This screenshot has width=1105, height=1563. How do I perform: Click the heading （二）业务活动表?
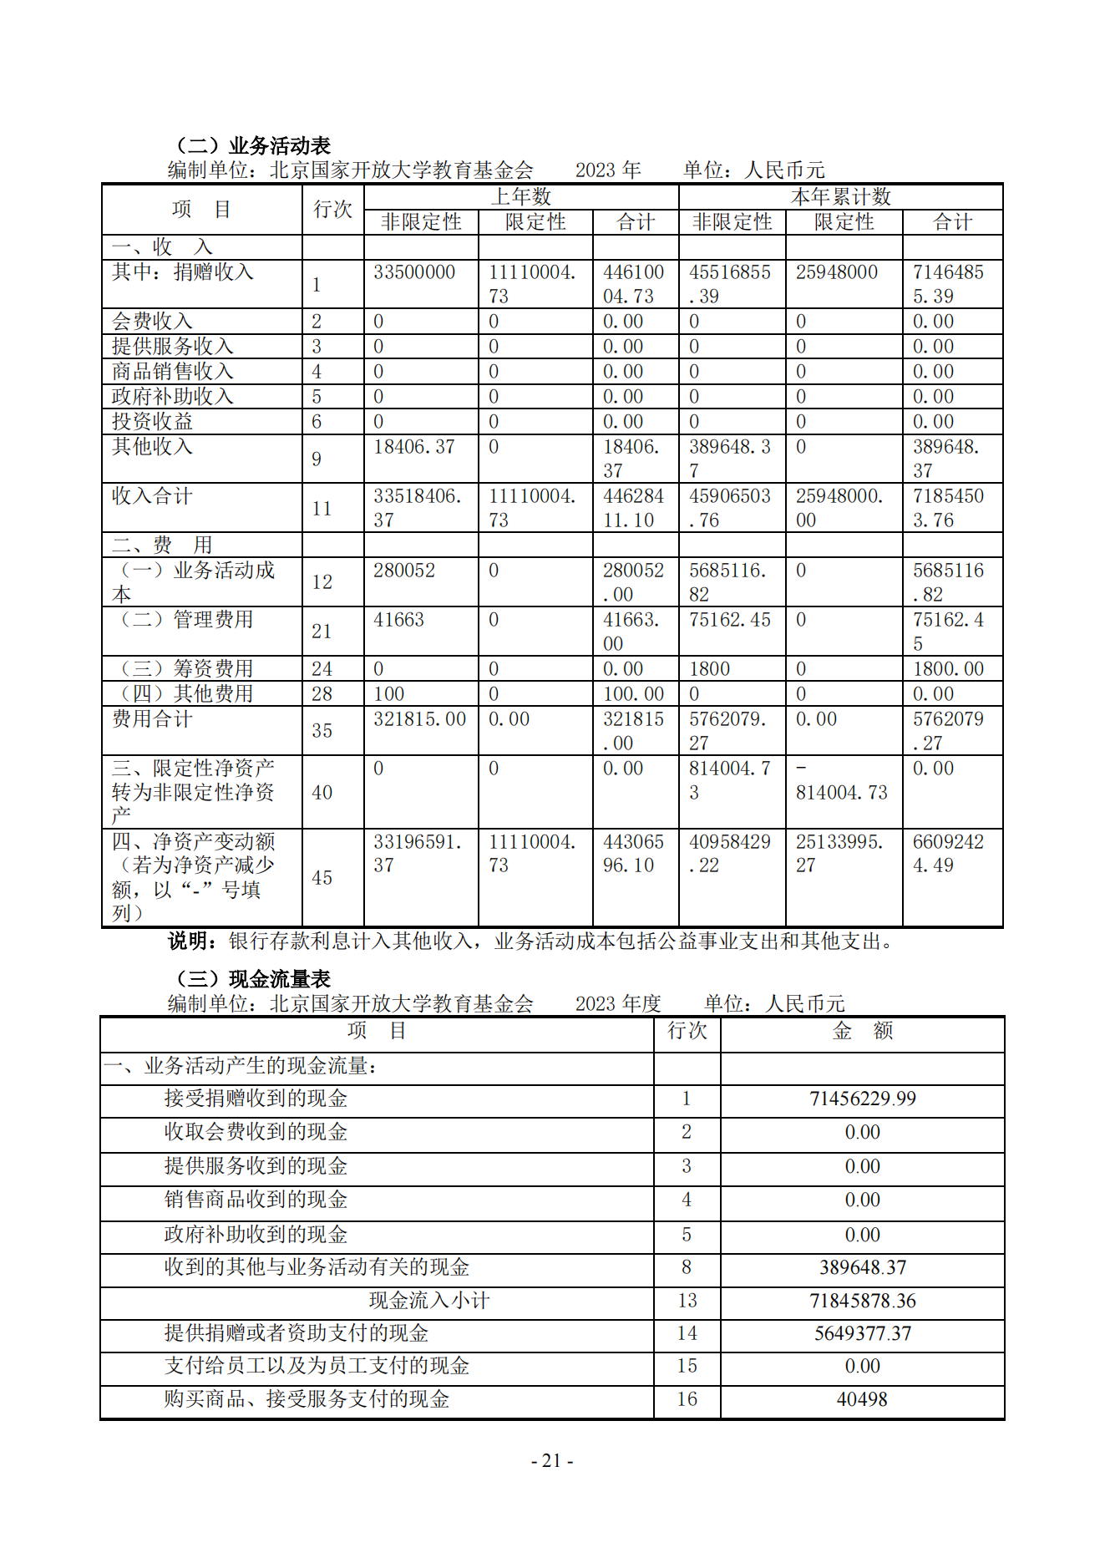pyautogui.click(x=253, y=146)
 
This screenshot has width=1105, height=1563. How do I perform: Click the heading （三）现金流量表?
pyautogui.click(x=253, y=978)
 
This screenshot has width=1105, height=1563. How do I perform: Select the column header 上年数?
pyautogui.click(x=521, y=196)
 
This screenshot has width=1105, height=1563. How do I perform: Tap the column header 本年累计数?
pyautogui.click(x=840, y=196)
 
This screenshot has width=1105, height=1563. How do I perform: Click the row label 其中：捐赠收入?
pyautogui.click(x=183, y=272)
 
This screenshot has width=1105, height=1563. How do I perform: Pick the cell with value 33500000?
pyautogui.click(x=414, y=272)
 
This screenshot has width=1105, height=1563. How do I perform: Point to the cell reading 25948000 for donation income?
pyautogui.click(x=836, y=272)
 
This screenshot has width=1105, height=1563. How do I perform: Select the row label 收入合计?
pyautogui.click(x=152, y=496)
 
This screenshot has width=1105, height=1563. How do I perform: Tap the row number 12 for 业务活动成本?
pyautogui.click(x=322, y=582)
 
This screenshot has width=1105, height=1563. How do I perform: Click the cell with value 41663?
pyautogui.click(x=398, y=620)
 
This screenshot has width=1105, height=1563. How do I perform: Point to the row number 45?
pyautogui.click(x=322, y=877)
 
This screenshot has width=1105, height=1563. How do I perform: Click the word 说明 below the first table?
pyautogui.click(x=189, y=941)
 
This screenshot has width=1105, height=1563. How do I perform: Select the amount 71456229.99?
pyautogui.click(x=862, y=1099)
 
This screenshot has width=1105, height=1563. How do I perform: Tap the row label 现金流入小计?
pyautogui.click(x=429, y=1300)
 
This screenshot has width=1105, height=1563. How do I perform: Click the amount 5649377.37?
pyautogui.click(x=862, y=1333)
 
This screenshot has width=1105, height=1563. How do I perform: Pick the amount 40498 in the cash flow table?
pyautogui.click(x=862, y=1399)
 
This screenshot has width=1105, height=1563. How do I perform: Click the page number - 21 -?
pyautogui.click(x=552, y=1460)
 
